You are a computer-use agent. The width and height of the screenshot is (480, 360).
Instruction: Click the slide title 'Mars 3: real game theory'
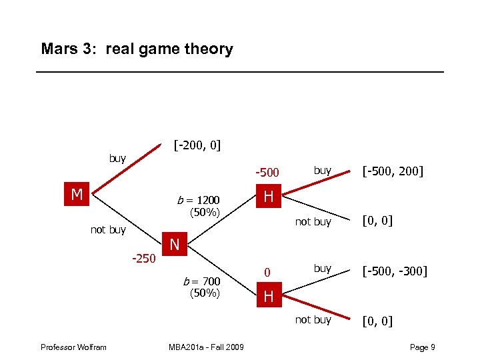coord(137,49)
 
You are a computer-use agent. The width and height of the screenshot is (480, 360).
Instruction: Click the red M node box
coord(77,195)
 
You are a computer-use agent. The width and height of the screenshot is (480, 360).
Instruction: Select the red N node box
coord(175,245)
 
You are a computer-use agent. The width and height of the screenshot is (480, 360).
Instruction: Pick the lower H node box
coord(268,296)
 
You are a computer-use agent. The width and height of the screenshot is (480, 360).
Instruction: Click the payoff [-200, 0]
coord(197,145)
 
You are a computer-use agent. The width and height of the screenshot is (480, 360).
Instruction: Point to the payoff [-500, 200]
coord(393,171)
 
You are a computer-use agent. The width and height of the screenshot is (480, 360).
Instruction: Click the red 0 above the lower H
coord(267,272)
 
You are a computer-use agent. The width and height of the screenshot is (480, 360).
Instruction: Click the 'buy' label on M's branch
coord(117,158)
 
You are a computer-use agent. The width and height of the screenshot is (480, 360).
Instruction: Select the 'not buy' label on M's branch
coord(108,230)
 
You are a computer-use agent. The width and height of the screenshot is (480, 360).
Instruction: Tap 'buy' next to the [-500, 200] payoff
coord(323,170)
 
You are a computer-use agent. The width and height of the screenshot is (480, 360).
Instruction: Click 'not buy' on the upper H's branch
coord(313,221)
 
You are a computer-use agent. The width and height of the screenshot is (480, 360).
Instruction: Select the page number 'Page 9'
coord(423,347)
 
